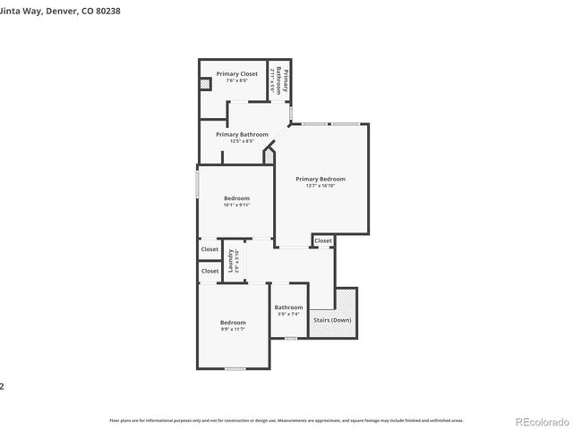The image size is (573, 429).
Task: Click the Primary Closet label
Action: (x=236, y=74)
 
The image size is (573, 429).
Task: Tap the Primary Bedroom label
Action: (x=320, y=179)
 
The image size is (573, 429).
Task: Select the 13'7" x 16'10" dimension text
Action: (x=320, y=186)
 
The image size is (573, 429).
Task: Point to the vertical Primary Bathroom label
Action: (x=280, y=81)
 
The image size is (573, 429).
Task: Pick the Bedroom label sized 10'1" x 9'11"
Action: (x=236, y=198)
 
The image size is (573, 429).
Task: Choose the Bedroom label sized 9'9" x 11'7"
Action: (x=233, y=323)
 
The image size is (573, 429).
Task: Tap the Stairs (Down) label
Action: (x=332, y=320)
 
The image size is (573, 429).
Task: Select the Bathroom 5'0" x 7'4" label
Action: (x=288, y=308)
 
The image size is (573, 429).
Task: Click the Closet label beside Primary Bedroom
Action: (x=323, y=240)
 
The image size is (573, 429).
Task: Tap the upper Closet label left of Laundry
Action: (x=210, y=249)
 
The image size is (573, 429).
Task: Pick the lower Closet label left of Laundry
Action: (x=210, y=271)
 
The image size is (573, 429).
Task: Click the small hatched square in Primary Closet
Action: (x=205, y=84)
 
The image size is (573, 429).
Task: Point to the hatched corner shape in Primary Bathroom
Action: (x=269, y=156)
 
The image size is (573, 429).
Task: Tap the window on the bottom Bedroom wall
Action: (x=235, y=368)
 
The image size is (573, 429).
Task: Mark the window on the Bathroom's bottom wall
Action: (x=288, y=338)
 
